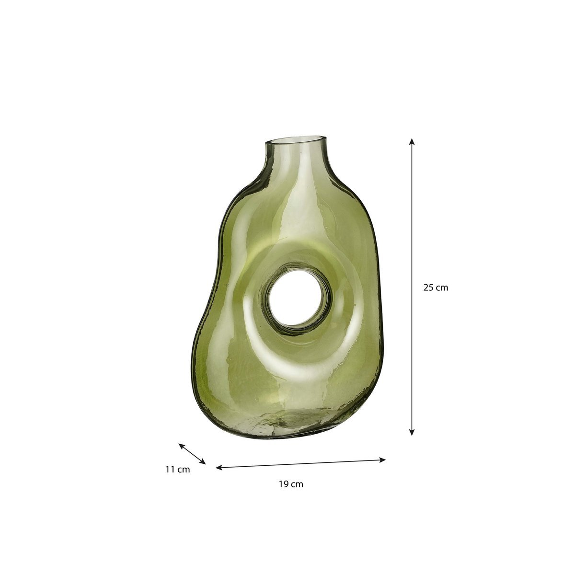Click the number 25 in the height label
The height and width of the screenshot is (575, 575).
[x=428, y=287]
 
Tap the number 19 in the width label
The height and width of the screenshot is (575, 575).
[x=283, y=484]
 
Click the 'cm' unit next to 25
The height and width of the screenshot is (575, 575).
[x=442, y=287]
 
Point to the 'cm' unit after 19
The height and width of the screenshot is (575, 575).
[x=297, y=484]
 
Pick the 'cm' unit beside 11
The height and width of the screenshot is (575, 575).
[x=184, y=470]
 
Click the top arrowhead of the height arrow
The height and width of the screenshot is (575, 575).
[x=411, y=141]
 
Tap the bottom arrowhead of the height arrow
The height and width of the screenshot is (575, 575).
[x=411, y=433]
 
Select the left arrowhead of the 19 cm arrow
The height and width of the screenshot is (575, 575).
[x=218, y=468]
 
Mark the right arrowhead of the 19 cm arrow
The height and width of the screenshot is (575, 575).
[x=383, y=460]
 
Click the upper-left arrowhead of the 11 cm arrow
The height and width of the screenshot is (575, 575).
[x=181, y=445]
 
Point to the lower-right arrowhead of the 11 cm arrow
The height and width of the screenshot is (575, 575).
[x=203, y=462]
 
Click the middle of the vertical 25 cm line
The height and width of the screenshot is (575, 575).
[x=411, y=287]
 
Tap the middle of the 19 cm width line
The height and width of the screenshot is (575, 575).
[x=301, y=464]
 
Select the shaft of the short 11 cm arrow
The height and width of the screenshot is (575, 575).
[x=192, y=454]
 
